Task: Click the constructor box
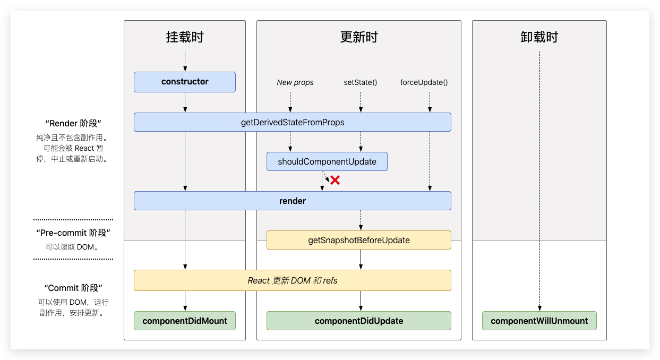(184, 82)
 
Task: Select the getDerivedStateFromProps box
(292, 122)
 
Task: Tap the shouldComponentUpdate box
(327, 161)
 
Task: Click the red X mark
(335, 180)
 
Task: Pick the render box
(292, 201)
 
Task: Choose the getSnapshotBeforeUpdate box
(358, 240)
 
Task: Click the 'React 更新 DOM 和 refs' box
(292, 280)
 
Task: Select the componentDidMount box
(184, 321)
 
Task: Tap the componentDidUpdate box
(358, 321)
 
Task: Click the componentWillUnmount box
(539, 321)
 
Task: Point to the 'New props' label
(295, 82)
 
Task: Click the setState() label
(361, 82)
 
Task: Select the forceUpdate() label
(424, 82)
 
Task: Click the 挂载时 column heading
(184, 37)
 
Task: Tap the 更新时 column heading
(358, 37)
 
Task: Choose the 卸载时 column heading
(539, 37)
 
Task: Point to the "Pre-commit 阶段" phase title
(73, 233)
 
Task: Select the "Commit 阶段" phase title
(73, 288)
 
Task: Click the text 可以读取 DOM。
(73, 246)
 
